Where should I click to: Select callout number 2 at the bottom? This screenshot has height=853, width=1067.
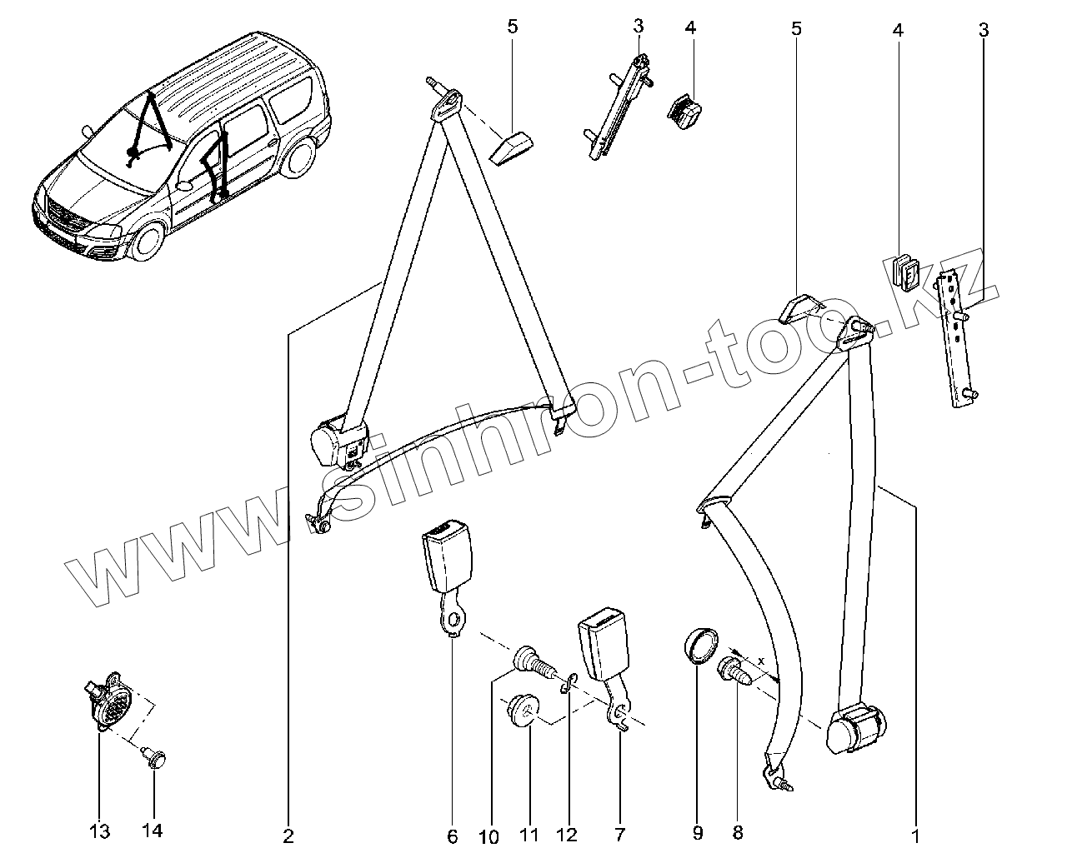click(288, 836)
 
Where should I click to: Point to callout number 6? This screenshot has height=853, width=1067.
click(453, 836)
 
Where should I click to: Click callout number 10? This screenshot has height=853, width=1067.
click(490, 836)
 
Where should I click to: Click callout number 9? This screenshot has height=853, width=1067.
click(698, 831)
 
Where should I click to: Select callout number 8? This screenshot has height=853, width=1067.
click(737, 831)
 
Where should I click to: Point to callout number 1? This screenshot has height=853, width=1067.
click(915, 833)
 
